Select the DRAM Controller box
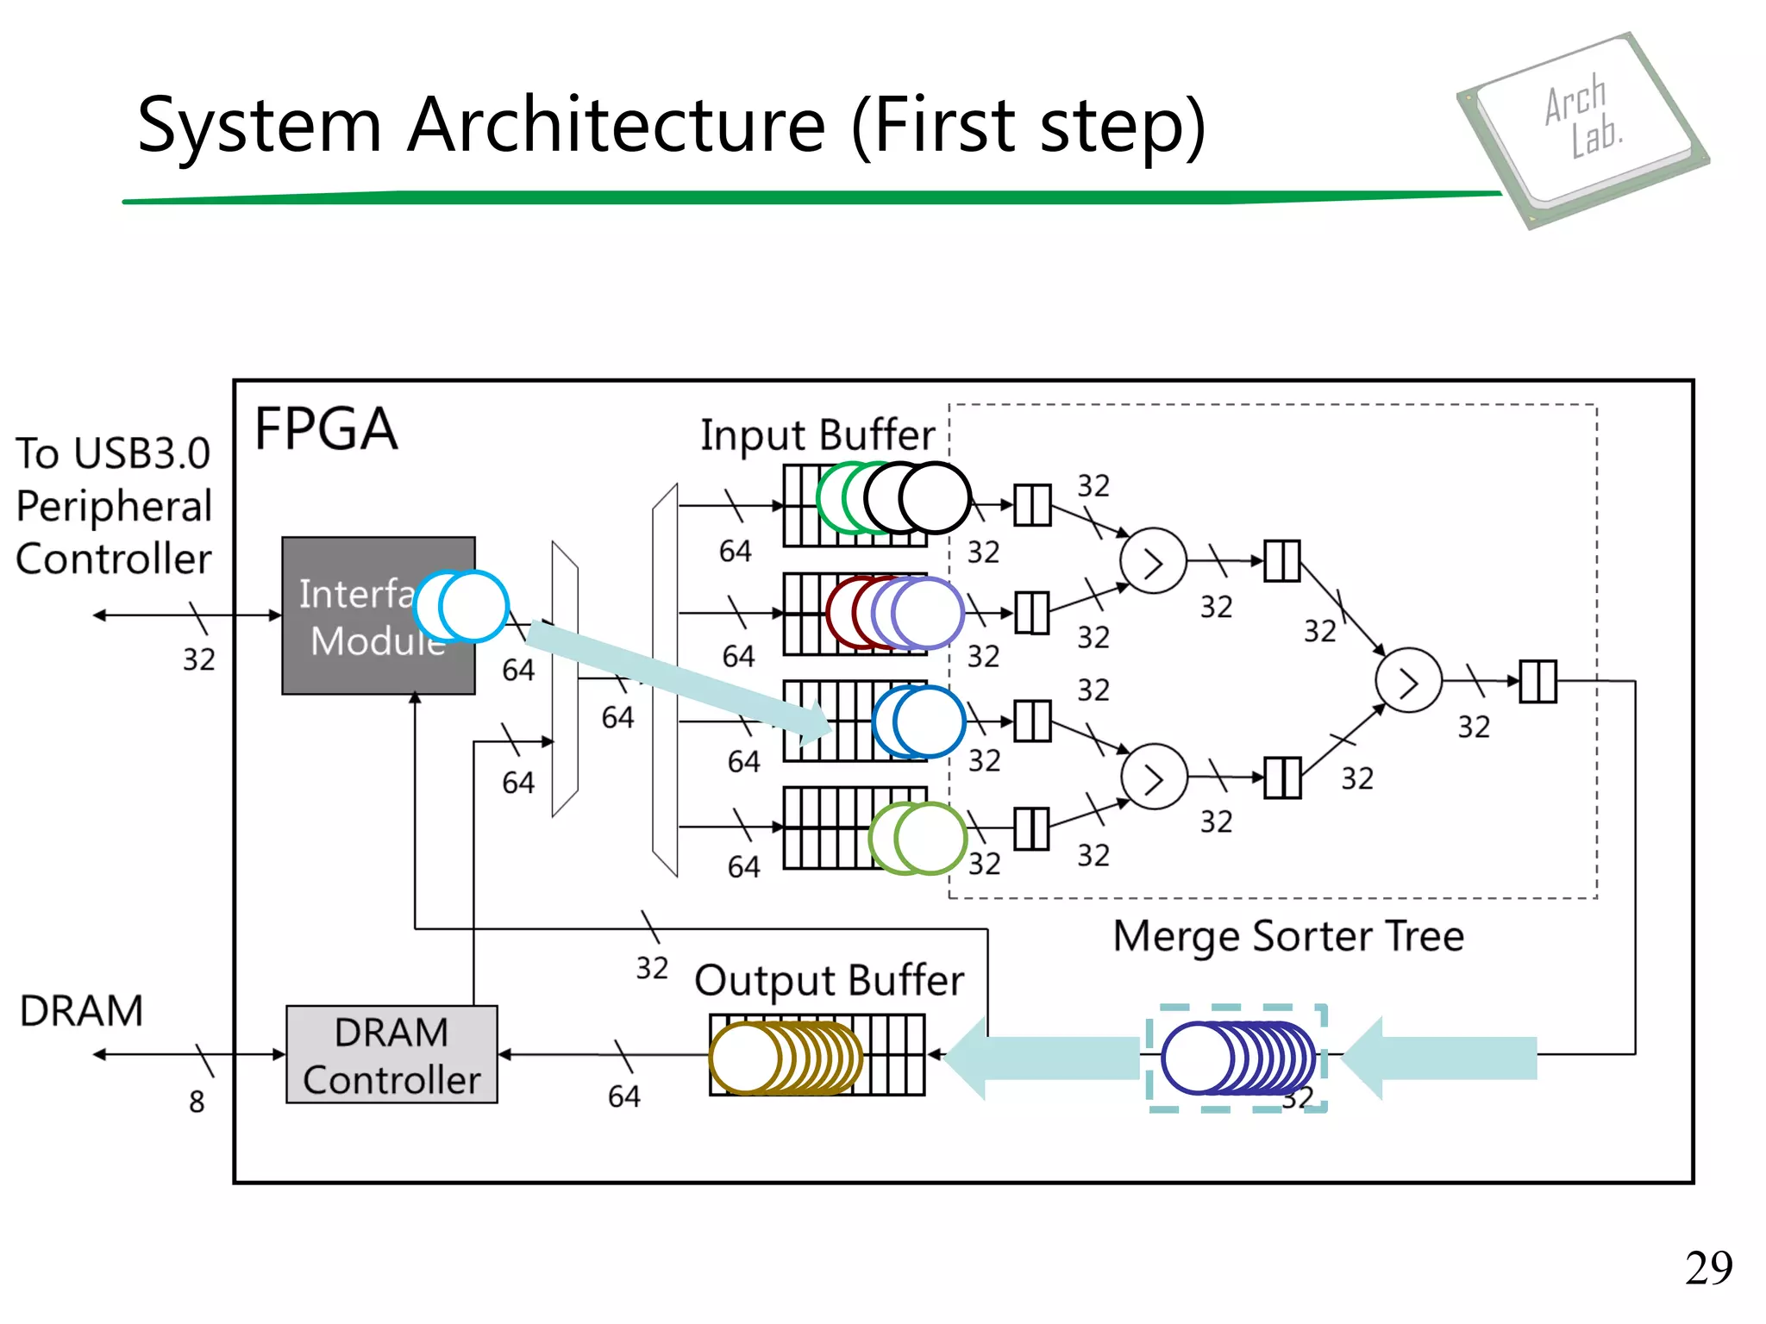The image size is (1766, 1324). [391, 1054]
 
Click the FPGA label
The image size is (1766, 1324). [326, 429]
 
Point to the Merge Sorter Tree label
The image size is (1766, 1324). [1288, 937]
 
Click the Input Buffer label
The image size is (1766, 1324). [817, 435]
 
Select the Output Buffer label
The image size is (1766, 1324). [829, 981]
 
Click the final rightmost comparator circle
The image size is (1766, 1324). [1408, 681]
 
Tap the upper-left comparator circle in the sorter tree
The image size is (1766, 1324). [1153, 561]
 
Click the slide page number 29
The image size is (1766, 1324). [1708, 1268]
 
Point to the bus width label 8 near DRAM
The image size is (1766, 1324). [197, 1102]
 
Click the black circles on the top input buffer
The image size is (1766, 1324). [919, 498]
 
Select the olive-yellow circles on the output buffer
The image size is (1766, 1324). [785, 1058]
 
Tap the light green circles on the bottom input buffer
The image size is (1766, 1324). [918, 838]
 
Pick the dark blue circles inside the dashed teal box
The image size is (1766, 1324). [1237, 1058]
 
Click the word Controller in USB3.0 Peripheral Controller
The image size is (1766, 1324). [114, 559]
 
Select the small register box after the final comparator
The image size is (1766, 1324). [1537, 681]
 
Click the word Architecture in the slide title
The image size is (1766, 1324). [616, 126]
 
